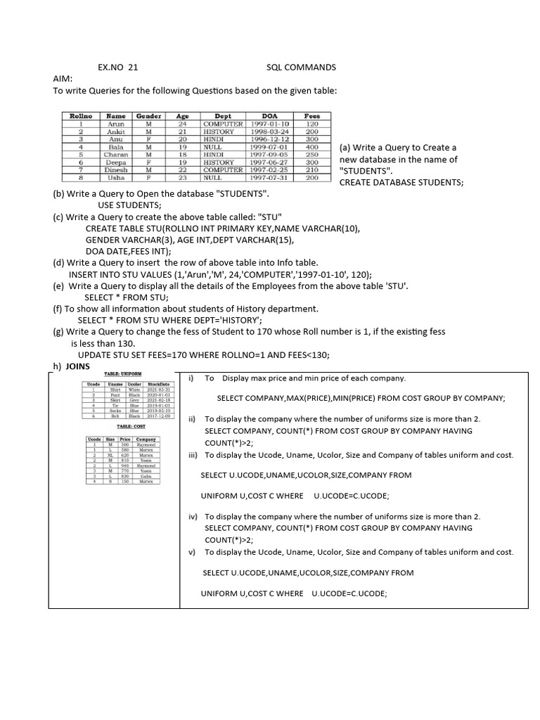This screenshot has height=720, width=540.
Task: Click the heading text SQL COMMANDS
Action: click(301, 67)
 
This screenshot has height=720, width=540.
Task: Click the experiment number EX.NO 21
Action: click(117, 67)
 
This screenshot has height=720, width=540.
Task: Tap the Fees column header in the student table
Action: click(312, 116)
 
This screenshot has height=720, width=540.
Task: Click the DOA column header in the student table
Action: click(269, 116)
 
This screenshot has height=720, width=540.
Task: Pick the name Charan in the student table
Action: click(115, 155)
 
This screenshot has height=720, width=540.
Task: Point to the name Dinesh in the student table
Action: click(115, 169)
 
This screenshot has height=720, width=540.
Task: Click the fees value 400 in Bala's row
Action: click(312, 147)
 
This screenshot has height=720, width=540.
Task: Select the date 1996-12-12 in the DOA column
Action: click(269, 139)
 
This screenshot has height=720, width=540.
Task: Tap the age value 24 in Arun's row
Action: click(182, 124)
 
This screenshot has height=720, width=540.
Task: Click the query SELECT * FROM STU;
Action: click(126, 297)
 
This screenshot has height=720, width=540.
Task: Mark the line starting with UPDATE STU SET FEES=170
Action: click(203, 354)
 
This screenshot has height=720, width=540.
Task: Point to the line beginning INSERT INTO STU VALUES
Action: click(220, 274)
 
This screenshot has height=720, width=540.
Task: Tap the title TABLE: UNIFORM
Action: click(122, 374)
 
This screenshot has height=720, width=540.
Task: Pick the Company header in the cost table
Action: click(146, 439)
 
